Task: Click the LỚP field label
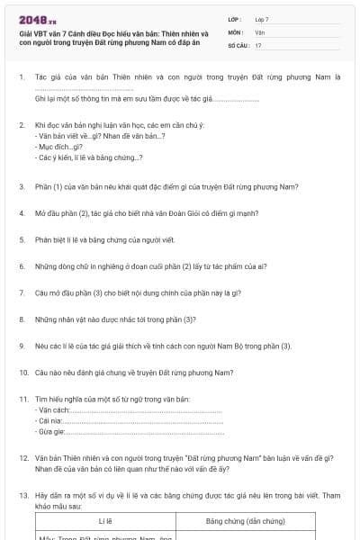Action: (235, 19)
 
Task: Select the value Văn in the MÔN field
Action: (259, 31)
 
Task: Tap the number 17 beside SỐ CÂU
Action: (258, 44)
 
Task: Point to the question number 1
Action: (21, 78)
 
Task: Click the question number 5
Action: (21, 240)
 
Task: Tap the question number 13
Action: (22, 495)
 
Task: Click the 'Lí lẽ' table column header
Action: (104, 521)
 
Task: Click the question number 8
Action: (21, 319)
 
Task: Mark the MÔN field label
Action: (236, 31)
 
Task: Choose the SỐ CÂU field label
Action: (238, 44)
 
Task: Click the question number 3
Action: (21, 187)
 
